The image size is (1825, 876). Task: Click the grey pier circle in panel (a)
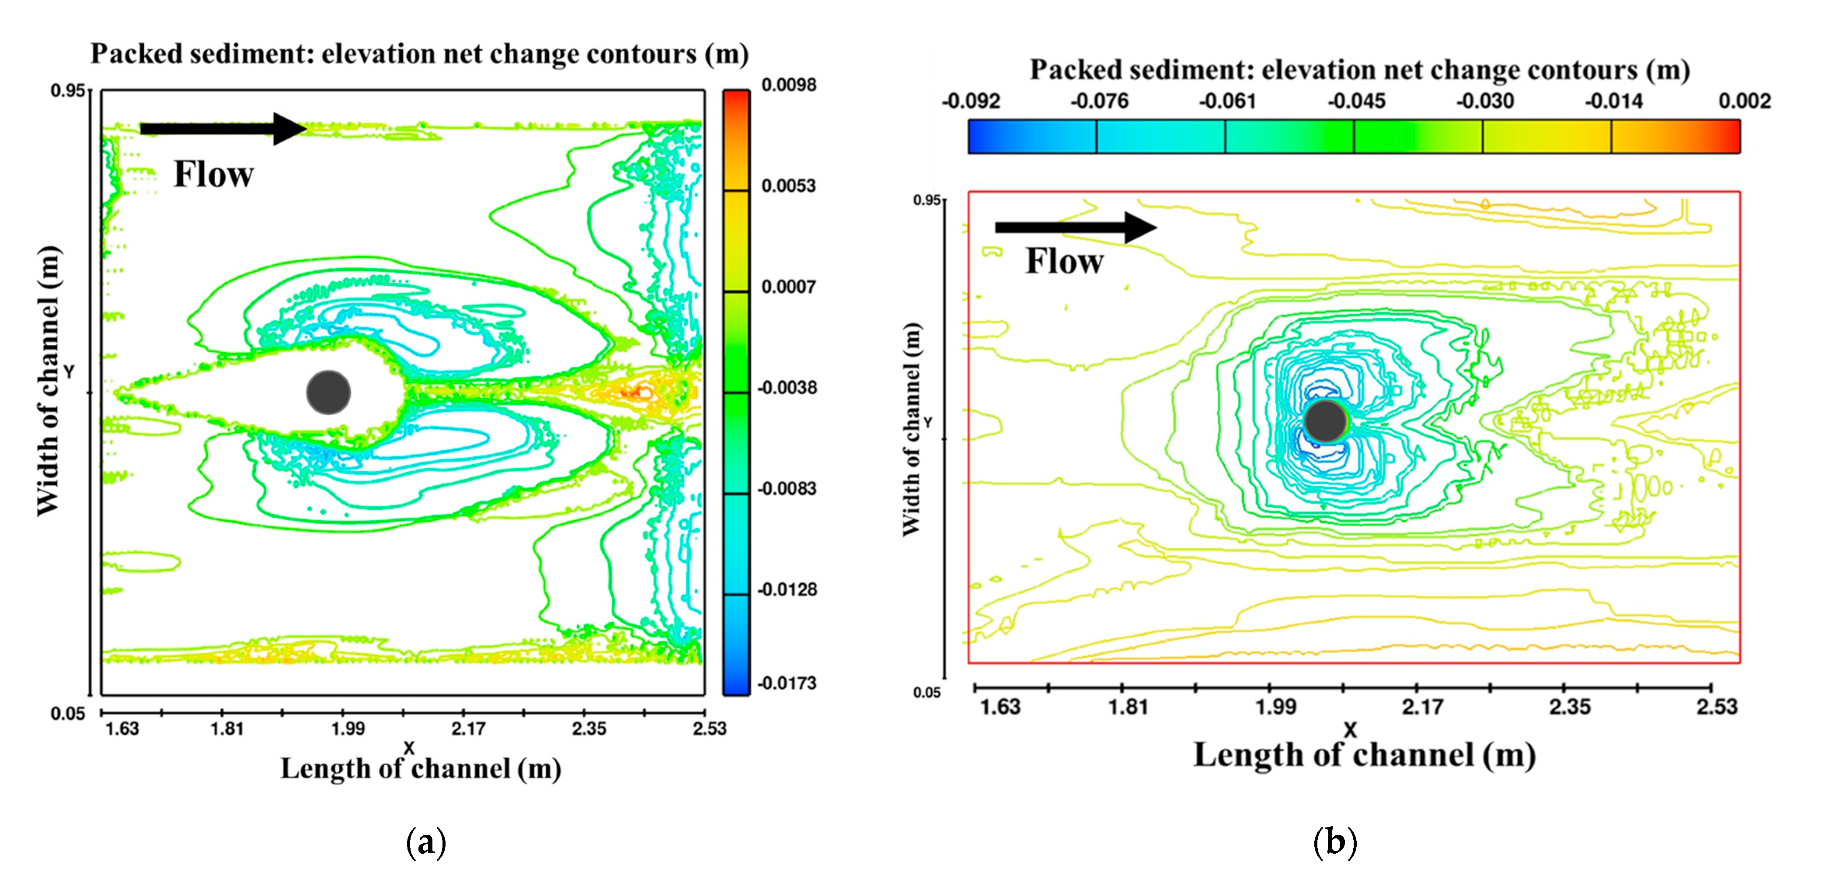click(328, 392)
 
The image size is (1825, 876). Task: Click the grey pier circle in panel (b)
click(1325, 421)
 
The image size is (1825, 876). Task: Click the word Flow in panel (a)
click(213, 174)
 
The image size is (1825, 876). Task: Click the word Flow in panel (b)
click(1064, 262)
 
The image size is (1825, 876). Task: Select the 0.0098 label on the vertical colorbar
click(788, 85)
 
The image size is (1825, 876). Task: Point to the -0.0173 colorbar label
click(787, 683)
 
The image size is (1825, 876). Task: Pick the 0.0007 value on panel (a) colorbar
click(788, 287)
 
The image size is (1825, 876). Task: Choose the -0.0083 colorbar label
click(787, 488)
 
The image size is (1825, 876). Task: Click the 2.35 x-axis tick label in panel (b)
click(1569, 707)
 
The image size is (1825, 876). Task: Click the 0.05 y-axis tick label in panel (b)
click(926, 692)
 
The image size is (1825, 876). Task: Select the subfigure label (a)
click(426, 843)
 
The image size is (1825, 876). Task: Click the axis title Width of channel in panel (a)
click(48, 381)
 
